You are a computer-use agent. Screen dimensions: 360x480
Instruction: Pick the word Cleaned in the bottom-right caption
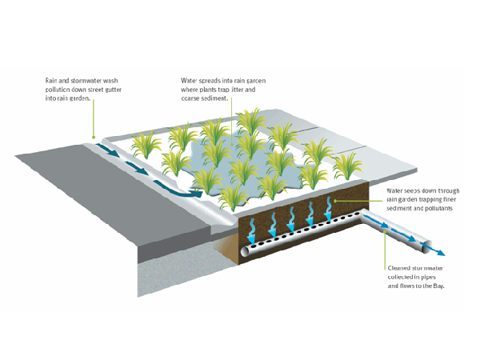[400, 269]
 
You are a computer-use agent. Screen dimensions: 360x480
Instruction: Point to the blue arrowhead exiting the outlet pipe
[439, 253]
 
